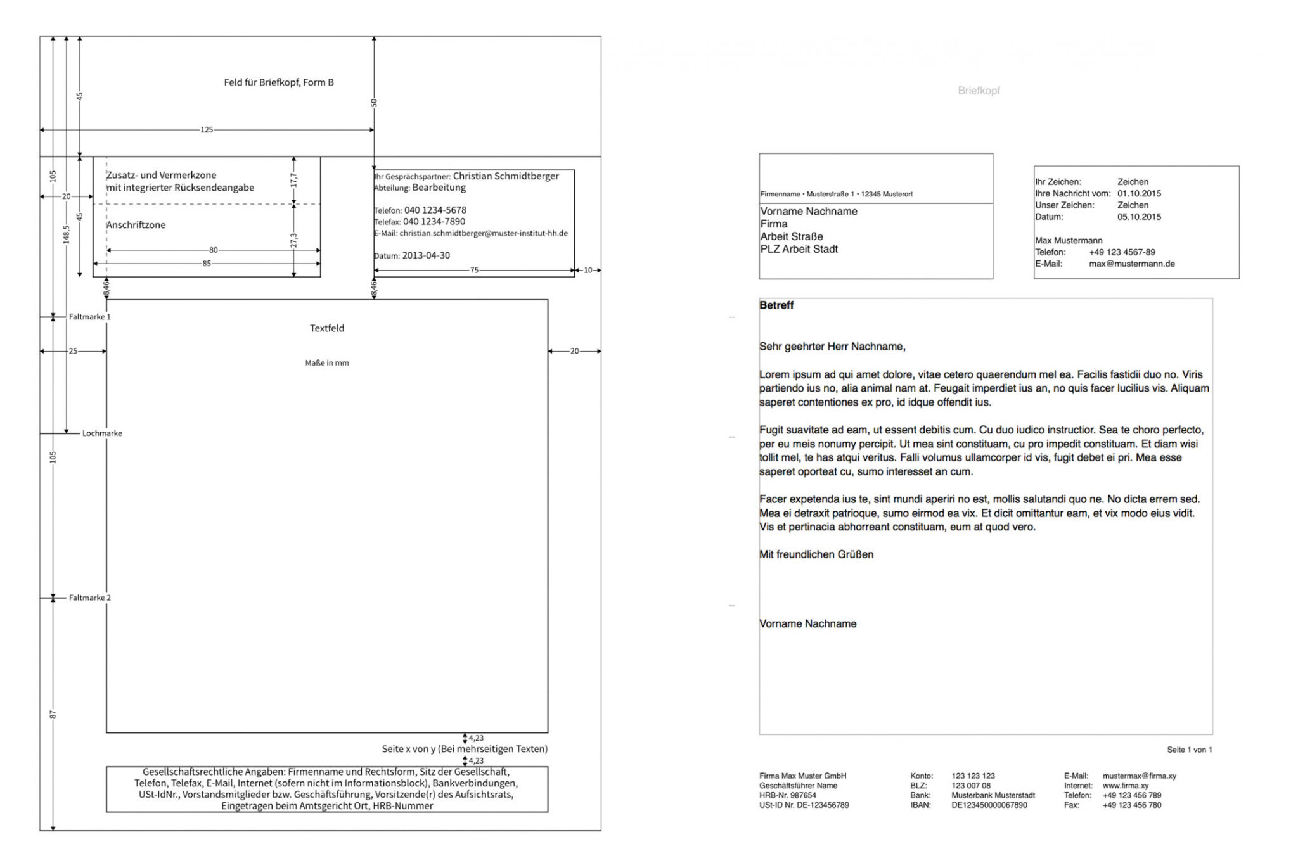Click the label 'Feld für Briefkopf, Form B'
click(278, 82)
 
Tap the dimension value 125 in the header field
click(207, 130)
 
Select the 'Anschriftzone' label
click(136, 225)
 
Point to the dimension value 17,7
click(293, 180)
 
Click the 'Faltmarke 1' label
click(89, 317)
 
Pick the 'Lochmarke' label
click(102, 433)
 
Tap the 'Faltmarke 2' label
click(89, 598)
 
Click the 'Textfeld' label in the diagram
click(327, 328)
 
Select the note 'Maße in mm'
click(327, 363)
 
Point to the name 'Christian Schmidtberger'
click(506, 176)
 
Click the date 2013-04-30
click(426, 256)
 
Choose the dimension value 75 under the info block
click(474, 271)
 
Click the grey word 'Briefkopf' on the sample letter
click(979, 91)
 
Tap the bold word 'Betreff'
click(776, 305)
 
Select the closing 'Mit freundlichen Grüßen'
click(816, 554)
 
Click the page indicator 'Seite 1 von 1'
click(1189, 750)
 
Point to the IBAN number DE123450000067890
click(989, 805)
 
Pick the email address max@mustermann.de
click(1131, 264)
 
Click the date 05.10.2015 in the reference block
click(1139, 217)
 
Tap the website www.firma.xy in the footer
click(1125, 786)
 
